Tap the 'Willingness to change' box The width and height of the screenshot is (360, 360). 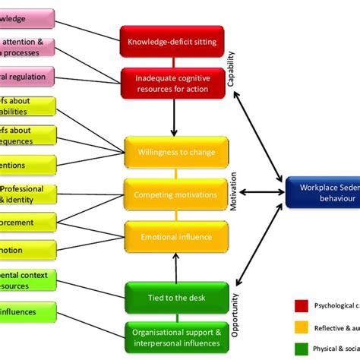tap(175, 152)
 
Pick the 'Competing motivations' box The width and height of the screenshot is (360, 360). tap(175, 195)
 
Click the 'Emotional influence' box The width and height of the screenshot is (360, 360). tap(175, 238)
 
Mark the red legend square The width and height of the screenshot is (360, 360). tap(300, 306)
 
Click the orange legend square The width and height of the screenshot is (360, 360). tap(300, 327)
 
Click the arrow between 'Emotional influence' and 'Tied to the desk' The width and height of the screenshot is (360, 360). tap(175, 267)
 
